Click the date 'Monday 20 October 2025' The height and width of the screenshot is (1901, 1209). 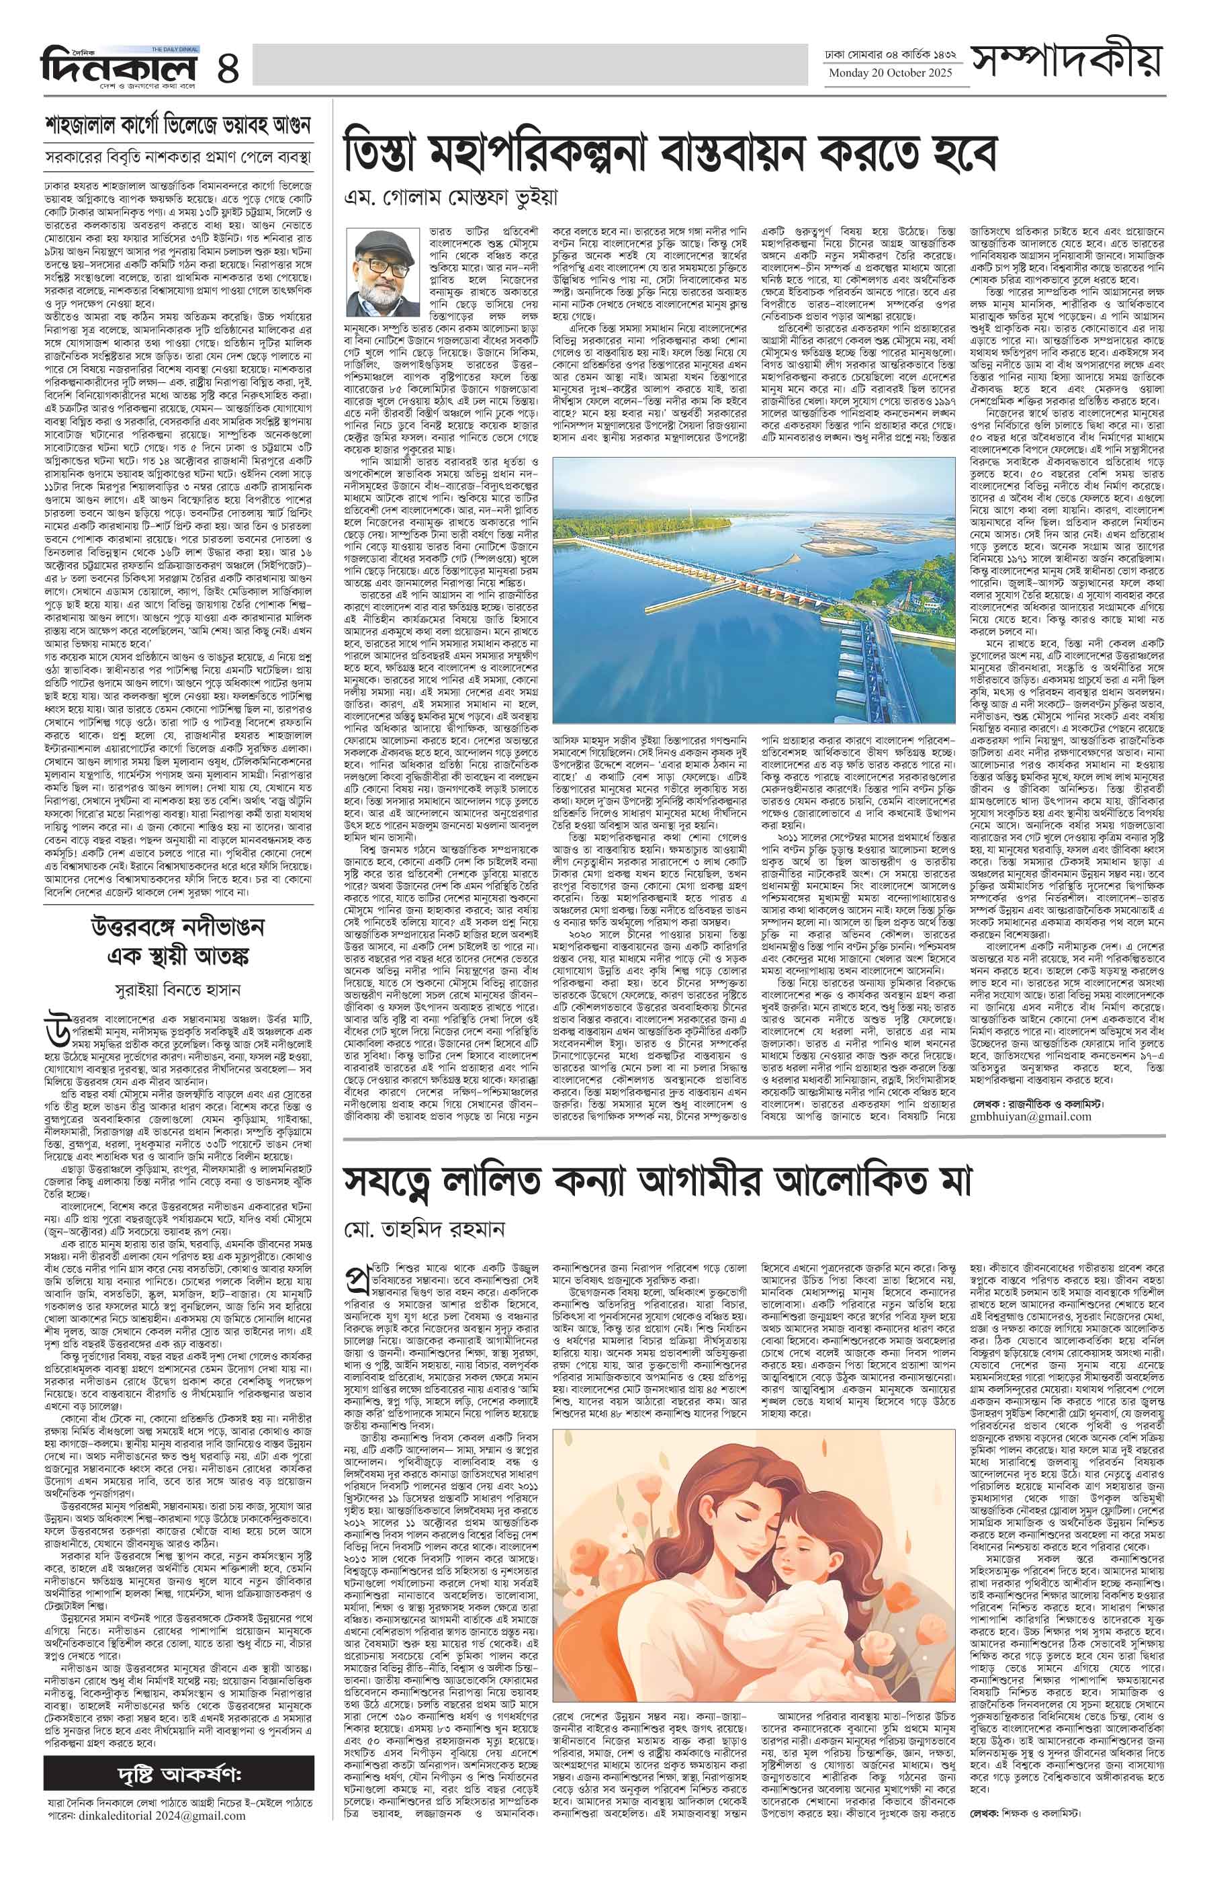coord(890,73)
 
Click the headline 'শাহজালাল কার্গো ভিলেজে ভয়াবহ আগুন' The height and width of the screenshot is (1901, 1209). coord(179,126)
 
